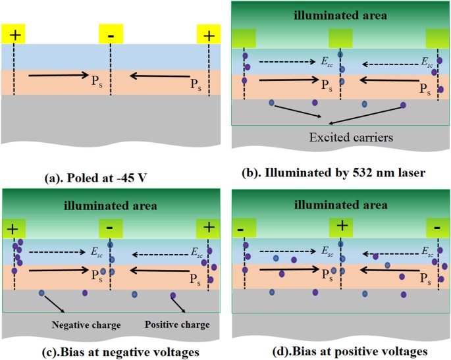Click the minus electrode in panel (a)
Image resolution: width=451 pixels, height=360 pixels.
(110, 34)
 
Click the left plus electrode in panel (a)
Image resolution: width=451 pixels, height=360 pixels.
(13, 34)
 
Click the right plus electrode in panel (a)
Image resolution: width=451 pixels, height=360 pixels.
(209, 34)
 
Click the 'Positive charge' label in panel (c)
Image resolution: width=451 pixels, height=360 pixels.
(178, 324)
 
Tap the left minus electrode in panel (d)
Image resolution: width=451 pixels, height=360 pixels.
(244, 228)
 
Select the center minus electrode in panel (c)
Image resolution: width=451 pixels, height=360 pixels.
(111, 228)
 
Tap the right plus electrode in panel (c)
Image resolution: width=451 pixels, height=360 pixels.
(209, 228)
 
